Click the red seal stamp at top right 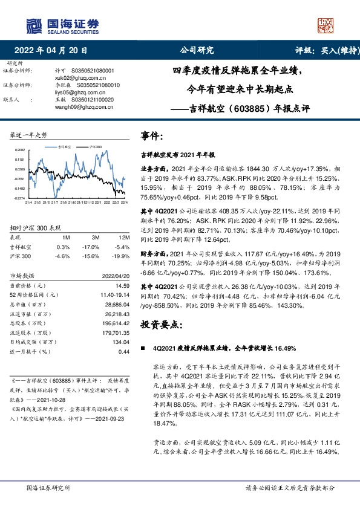coord(326,25)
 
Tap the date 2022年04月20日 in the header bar coord(54,51)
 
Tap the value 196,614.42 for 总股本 coord(117,323)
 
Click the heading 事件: coord(152,135)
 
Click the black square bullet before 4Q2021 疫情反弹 coord(143,349)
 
